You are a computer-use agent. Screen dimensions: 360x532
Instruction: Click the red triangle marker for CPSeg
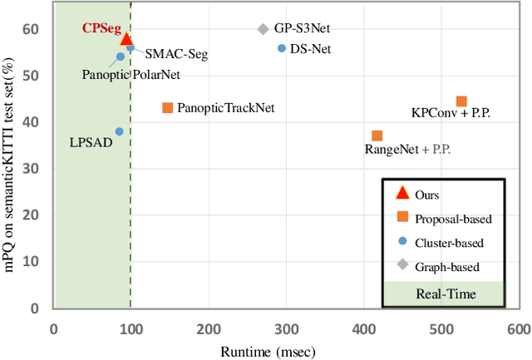126,39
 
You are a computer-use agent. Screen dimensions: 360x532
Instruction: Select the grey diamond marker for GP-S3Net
263,29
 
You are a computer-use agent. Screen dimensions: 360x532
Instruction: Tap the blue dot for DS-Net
282,48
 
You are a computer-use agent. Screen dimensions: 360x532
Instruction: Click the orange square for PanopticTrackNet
167,107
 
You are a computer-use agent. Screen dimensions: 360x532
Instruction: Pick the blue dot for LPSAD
119,131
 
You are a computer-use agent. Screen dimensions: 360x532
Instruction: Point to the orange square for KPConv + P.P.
461,101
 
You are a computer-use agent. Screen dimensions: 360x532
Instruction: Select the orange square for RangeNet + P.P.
377,136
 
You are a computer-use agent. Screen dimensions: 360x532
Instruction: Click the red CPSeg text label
100,27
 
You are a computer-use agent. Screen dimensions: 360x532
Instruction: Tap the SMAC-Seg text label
176,54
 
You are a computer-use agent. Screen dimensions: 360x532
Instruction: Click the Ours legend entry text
430,194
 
